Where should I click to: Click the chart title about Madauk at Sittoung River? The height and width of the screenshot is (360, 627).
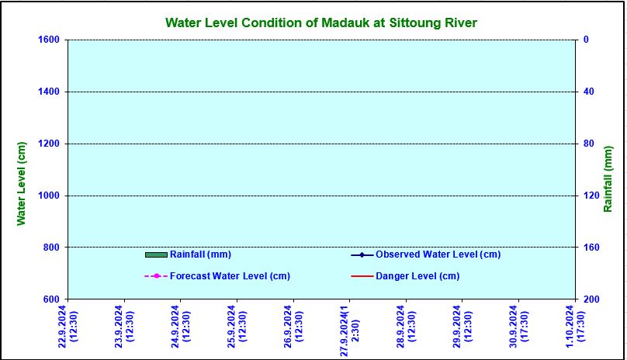coord(321,23)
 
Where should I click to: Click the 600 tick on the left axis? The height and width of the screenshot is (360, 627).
coord(53,299)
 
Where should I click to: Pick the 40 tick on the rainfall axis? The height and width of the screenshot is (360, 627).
coord(587,92)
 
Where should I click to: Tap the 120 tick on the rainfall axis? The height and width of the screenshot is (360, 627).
coord(590,196)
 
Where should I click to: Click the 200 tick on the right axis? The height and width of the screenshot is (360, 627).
coord(590,299)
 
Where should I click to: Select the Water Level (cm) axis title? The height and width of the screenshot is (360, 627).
coord(22,184)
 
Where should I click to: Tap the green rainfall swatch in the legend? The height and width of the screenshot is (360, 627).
coord(156,254)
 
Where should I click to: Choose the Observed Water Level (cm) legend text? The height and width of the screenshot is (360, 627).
coord(438,254)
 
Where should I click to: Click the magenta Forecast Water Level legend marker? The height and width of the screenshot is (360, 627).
coord(156,276)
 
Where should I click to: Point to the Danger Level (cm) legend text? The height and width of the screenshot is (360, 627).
coord(417,276)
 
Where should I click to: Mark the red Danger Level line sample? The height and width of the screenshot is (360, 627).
coord(362,276)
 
